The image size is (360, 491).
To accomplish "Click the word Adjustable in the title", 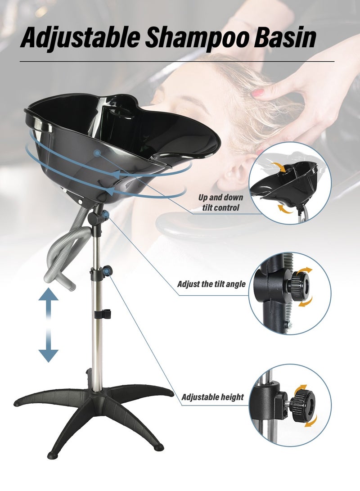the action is [x=80, y=38].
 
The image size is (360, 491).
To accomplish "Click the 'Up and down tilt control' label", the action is [x=220, y=202].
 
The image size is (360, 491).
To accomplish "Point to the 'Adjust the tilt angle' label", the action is [x=211, y=284].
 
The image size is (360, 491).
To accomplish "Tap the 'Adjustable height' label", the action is [x=212, y=397].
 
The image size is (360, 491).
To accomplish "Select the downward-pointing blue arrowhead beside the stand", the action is [x=48, y=356].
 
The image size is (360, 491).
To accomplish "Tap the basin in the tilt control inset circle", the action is [x=285, y=182].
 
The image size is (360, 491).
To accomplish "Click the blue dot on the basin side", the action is [x=98, y=153].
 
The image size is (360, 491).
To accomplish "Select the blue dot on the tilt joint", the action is [x=105, y=215].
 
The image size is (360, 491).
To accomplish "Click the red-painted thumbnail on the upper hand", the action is [x=258, y=93].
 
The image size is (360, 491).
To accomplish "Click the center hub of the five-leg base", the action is [x=94, y=395].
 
